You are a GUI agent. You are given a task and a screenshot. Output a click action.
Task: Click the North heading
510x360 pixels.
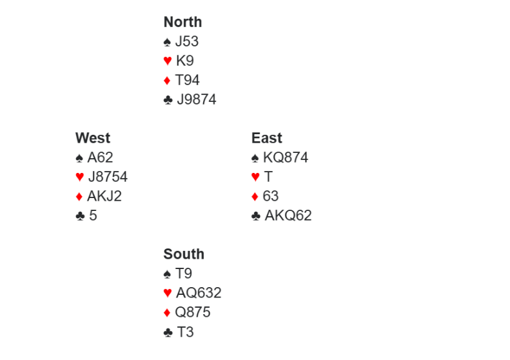tap(182, 22)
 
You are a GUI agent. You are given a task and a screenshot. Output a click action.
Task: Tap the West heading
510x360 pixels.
tap(92, 138)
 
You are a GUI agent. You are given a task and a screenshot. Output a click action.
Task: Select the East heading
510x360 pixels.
tap(267, 138)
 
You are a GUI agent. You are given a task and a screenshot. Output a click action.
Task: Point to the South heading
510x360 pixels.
tap(184, 254)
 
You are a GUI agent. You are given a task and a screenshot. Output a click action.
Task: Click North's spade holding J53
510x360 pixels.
tap(187, 41)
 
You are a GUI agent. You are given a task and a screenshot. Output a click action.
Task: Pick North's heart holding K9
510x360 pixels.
tap(184, 61)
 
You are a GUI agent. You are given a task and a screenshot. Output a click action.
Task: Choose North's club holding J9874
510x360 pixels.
tap(197, 99)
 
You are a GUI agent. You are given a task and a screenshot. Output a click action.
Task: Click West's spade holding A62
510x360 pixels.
tap(100, 157)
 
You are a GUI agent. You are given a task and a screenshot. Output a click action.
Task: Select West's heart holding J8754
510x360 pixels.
tap(108, 177)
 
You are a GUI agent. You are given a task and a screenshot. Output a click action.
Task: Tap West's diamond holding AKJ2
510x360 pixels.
tap(104, 196)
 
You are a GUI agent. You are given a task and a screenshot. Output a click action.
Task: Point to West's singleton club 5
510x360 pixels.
tap(93, 215)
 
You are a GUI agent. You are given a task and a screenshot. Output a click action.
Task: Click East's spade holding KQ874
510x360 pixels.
tap(286, 157)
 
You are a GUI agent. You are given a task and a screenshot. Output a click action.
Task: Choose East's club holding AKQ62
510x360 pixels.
tap(288, 215)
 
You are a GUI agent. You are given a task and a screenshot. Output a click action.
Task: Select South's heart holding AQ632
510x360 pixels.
tap(199, 293)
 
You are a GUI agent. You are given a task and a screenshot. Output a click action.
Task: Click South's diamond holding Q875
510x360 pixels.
tap(193, 312)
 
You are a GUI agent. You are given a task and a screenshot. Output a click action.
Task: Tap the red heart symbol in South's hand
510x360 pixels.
tap(168, 293)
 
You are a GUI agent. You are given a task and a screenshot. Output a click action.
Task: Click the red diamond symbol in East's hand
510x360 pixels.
tap(255, 196)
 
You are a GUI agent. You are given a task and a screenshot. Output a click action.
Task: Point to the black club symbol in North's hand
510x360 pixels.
tap(168, 100)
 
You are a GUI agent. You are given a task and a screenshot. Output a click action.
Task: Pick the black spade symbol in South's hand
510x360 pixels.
tap(168, 274)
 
